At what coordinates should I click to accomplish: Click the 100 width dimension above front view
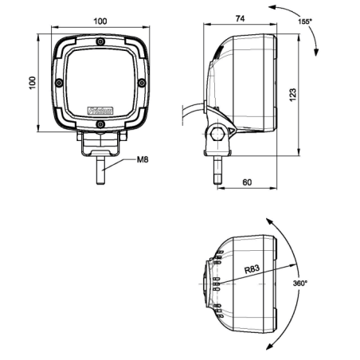click(100, 21)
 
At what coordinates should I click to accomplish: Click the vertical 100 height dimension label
click(33, 82)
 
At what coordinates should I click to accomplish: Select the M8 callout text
click(143, 160)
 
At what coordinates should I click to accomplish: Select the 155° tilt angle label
click(304, 22)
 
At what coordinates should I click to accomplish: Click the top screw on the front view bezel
click(100, 44)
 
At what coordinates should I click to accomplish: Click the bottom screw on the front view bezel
click(100, 123)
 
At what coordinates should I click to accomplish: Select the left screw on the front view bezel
click(59, 83)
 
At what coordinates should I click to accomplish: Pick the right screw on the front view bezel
click(141, 83)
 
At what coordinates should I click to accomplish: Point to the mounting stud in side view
click(216, 170)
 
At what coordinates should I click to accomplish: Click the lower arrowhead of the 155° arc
click(318, 51)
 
